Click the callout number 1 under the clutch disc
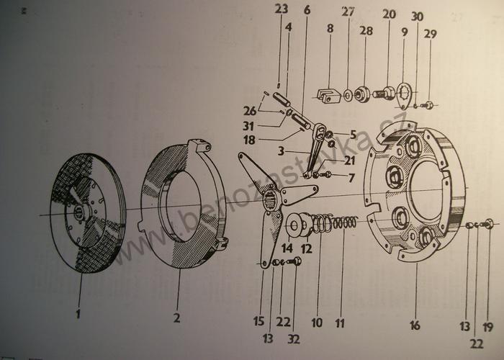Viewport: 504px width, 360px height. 78,315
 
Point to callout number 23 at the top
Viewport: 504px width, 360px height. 280,10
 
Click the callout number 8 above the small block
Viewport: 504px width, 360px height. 330,29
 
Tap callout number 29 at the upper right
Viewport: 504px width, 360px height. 430,35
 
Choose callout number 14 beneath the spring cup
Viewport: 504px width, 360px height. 287,248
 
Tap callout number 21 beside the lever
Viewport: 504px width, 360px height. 328,161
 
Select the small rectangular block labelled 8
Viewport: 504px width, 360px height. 328,94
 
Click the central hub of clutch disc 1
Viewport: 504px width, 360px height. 80,212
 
